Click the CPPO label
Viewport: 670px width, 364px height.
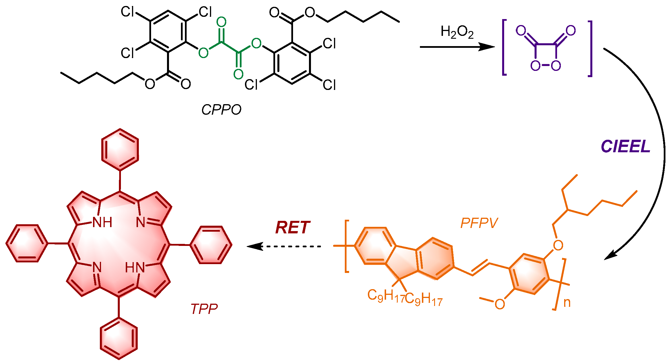[221, 110]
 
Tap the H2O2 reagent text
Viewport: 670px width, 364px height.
[457, 32]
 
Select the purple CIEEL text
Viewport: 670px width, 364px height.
[626, 147]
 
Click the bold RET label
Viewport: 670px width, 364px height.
[292, 228]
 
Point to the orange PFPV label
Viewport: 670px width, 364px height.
[479, 223]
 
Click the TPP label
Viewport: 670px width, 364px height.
[204, 309]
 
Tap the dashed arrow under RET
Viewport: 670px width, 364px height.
[285, 246]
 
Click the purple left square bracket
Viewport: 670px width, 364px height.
[504, 47]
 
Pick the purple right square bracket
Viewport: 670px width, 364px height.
[590, 48]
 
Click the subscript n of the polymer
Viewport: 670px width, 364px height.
[567, 303]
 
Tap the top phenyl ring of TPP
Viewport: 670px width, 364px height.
[120, 150]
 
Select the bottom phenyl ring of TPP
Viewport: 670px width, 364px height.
[119, 338]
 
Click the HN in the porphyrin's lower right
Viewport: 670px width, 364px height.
[135, 268]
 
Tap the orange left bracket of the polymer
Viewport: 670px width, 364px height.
[347, 246]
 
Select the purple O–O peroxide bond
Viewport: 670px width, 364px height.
[546, 65]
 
